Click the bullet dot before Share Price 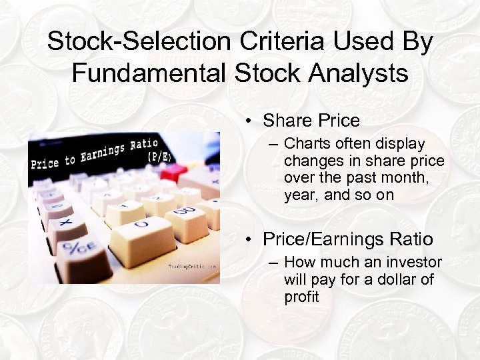(x=247, y=121)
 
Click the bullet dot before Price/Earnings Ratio (x=247, y=239)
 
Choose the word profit (x=301, y=297)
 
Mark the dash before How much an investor (x=275, y=263)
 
